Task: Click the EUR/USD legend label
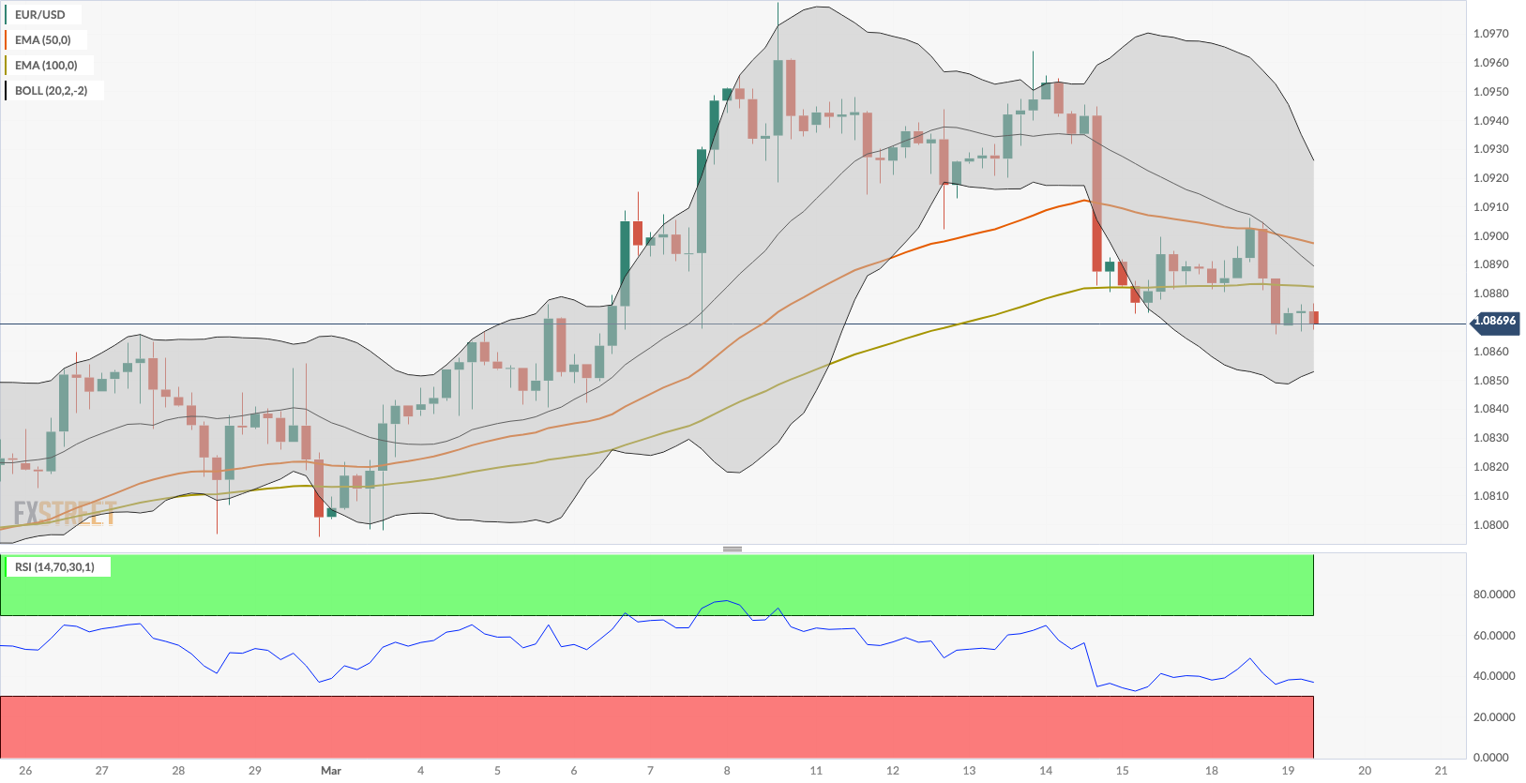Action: tap(40, 15)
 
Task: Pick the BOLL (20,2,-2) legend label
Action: tap(52, 91)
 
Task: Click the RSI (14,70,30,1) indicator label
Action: tap(54, 567)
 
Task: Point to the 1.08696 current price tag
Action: tap(1494, 321)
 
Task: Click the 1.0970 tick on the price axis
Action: tap(1490, 34)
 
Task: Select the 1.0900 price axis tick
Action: tap(1490, 236)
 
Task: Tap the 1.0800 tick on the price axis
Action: tap(1490, 525)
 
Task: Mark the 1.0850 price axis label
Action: tap(1490, 381)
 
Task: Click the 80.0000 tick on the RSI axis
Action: tap(1494, 595)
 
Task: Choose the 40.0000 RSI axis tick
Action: tap(1494, 676)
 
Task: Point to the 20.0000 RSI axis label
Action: tap(1494, 717)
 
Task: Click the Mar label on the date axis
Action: tap(331, 771)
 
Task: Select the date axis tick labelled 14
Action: tap(1046, 771)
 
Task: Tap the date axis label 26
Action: tap(25, 771)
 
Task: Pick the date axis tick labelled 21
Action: tap(1442, 771)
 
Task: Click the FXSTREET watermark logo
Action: tap(65, 514)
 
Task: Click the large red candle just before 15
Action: tap(1096, 193)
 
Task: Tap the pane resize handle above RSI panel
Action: tap(733, 549)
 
